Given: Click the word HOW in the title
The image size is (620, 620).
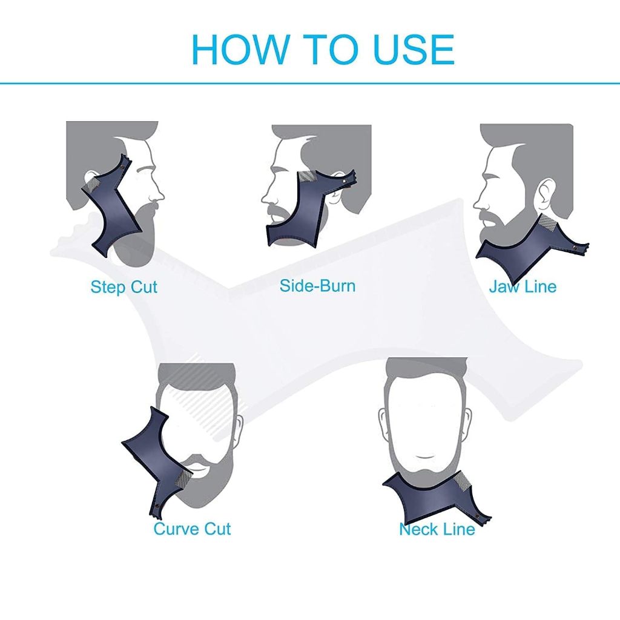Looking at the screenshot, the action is (240, 50).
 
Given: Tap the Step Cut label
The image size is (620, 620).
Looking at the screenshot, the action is (124, 287).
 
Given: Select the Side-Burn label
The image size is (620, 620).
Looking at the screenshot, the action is (317, 286).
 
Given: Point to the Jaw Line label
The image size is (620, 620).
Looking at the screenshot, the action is (523, 286).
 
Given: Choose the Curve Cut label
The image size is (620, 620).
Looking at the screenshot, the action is (192, 529).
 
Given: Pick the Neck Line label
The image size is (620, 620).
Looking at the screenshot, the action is (437, 529).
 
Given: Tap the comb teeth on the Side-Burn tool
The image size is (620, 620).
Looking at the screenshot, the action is (307, 177).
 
